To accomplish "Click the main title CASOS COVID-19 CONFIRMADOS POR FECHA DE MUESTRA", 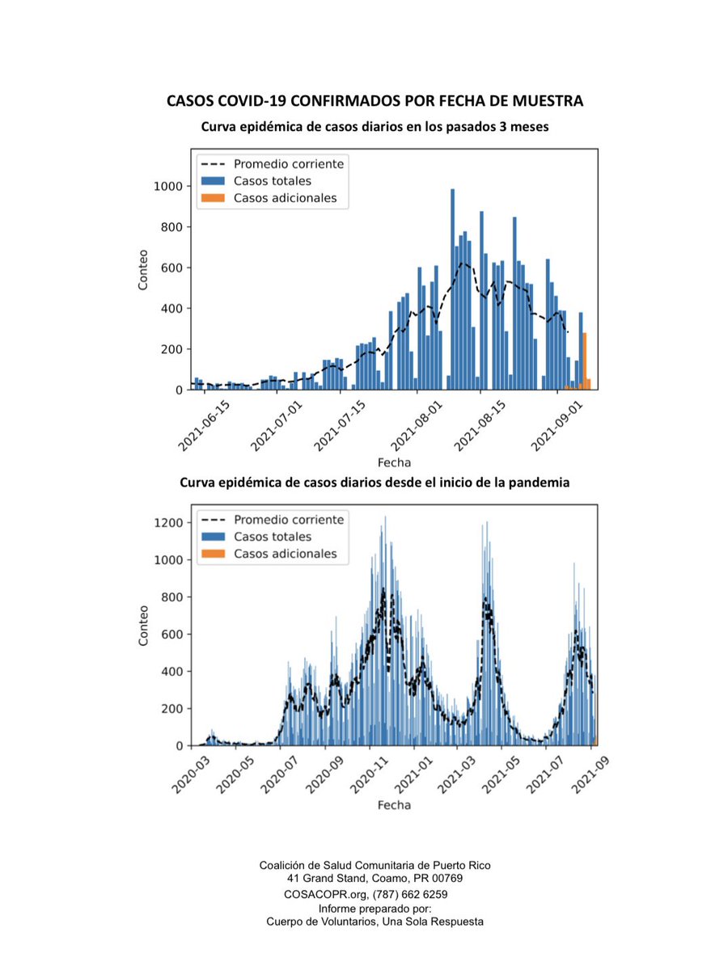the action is (375, 101).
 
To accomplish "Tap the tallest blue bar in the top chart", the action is (452, 289).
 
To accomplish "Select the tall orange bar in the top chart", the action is (585, 361).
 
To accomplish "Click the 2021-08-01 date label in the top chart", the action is (416, 427).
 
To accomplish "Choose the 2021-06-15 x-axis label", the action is (204, 427).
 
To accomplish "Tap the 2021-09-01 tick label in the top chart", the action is (557, 427).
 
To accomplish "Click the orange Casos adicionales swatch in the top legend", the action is (213, 198).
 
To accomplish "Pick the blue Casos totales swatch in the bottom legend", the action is (213, 537).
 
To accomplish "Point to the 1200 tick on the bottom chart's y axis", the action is (168, 523).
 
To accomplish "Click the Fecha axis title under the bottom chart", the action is (394, 805).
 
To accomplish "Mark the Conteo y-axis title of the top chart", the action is (143, 270).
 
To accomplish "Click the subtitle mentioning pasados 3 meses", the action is (375, 127).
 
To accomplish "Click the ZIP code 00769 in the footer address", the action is (447, 878).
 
